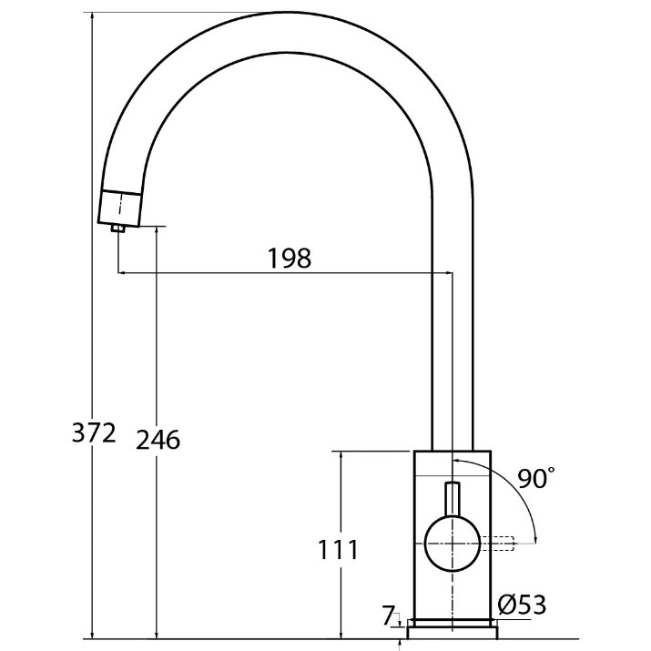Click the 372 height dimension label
(94, 433)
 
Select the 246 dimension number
(158, 440)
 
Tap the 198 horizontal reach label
(290, 259)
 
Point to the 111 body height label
(338, 550)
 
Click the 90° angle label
(536, 478)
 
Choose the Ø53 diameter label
(522, 605)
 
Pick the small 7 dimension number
(387, 615)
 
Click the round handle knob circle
(453, 544)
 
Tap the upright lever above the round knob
(453, 499)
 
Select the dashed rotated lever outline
(497, 544)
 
